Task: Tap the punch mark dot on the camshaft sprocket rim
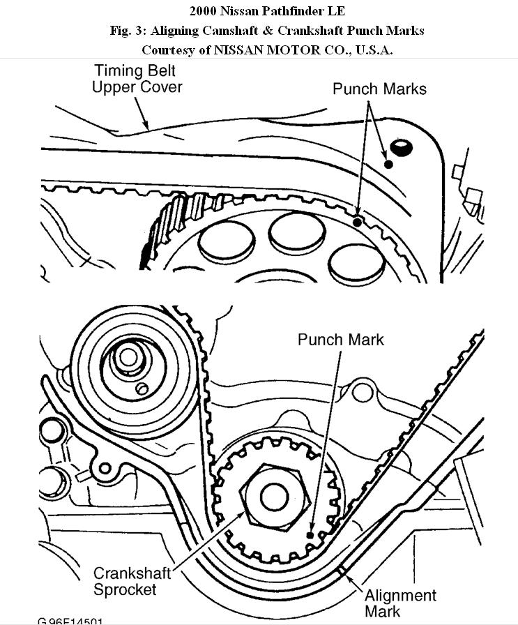358,222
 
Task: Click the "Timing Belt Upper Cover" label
137,79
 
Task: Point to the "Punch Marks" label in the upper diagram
379,89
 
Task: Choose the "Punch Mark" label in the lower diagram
341,340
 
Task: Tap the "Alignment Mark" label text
401,603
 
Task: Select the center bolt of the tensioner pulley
128,358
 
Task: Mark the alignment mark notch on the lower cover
342,573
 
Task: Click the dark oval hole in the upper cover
402,147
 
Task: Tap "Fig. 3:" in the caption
127,31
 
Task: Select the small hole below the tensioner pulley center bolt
143,388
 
